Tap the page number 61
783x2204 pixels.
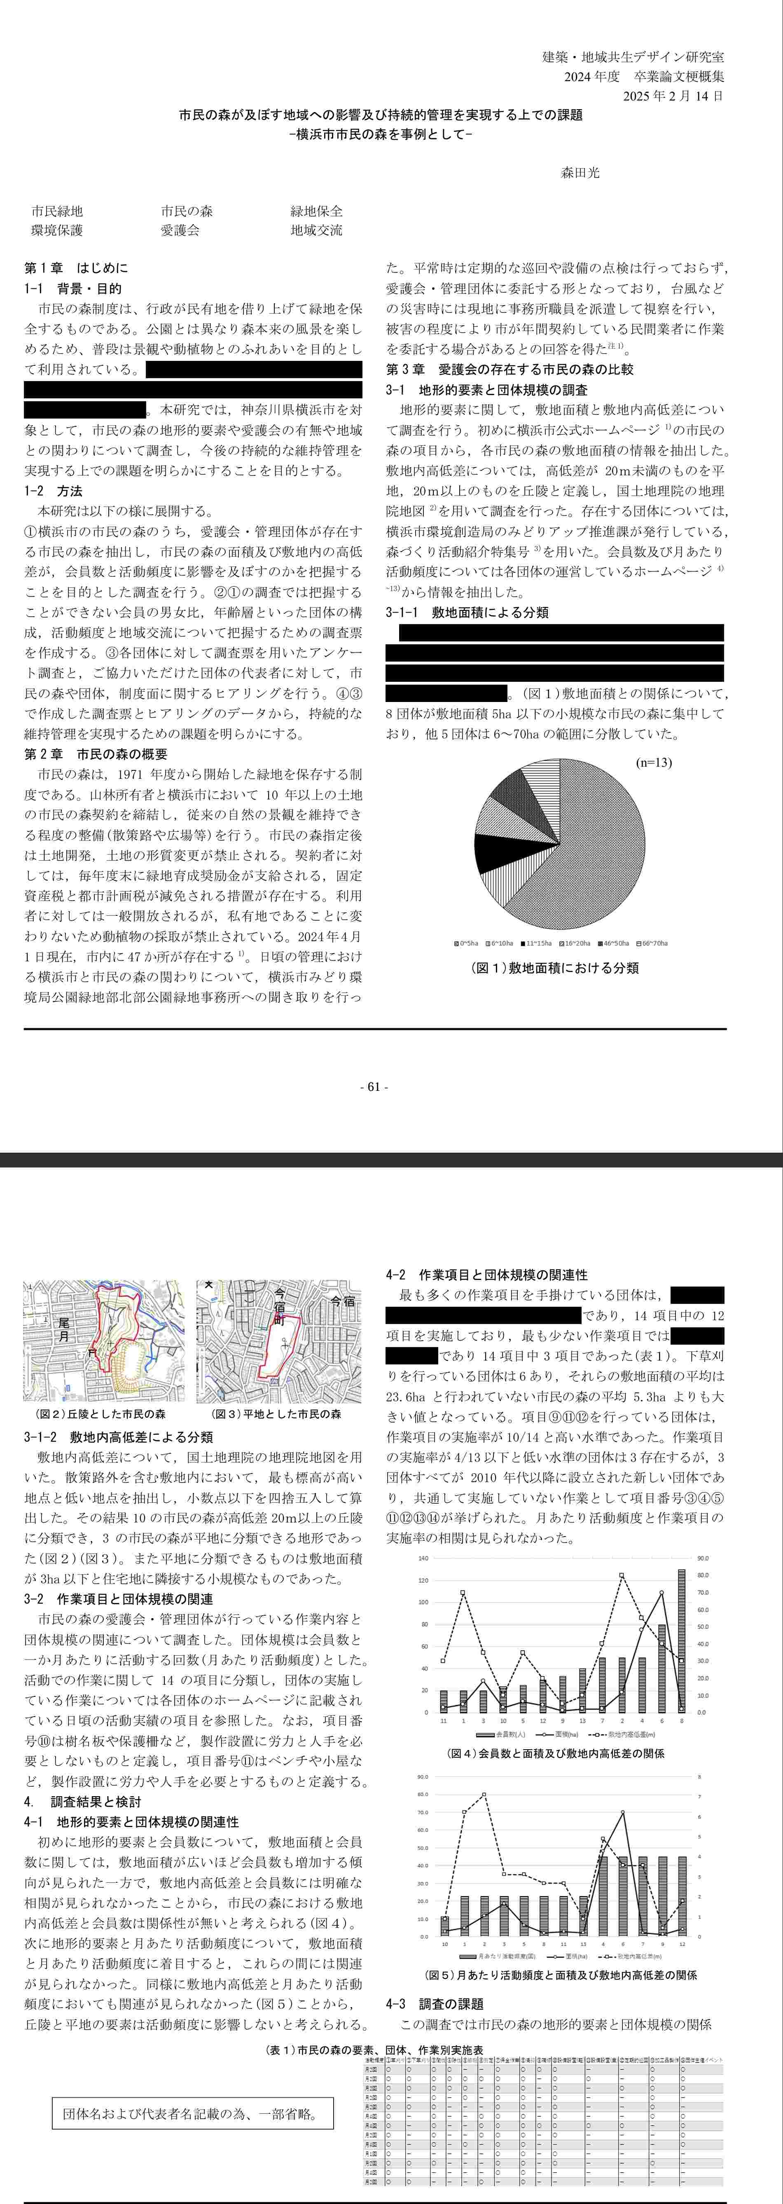click(374, 1087)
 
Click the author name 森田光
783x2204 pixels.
click(580, 172)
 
